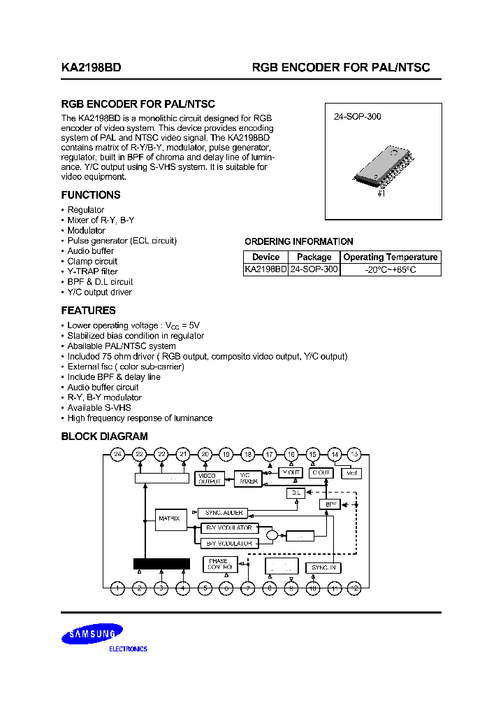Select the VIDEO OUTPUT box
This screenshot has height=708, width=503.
tap(210, 479)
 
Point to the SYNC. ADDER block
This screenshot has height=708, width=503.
tap(223, 513)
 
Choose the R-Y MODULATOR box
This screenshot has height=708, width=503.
tap(229, 528)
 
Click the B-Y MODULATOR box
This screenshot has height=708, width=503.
tap(229, 543)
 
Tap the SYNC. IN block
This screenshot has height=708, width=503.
tap(324, 567)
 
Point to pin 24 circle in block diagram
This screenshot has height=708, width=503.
tap(118, 454)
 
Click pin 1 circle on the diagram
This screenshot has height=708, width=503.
tap(118, 588)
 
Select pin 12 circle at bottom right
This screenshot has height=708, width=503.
tap(355, 588)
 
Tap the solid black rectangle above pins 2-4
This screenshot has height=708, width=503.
tap(161, 564)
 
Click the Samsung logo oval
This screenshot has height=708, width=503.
tap(92, 635)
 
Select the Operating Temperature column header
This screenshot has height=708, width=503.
tap(391, 257)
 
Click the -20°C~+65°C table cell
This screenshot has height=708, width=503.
tap(391, 269)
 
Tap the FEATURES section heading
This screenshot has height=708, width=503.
tap(88, 310)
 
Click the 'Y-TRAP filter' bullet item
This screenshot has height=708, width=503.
tap(92, 271)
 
